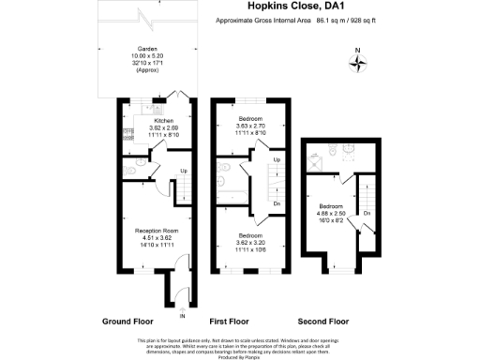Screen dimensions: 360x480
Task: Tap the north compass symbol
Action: (x=357, y=64)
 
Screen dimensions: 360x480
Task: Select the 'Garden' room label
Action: (x=146, y=50)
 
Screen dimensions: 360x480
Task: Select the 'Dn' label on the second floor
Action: (x=367, y=212)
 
